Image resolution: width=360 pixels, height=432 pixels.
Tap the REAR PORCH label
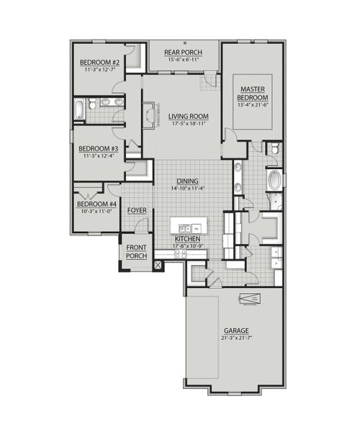point(182,53)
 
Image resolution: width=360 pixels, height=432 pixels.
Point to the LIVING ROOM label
point(189,116)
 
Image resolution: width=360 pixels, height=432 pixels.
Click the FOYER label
point(138,210)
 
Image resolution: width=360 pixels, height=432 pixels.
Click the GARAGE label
point(235,330)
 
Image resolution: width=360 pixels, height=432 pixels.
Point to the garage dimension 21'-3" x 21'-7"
point(235,338)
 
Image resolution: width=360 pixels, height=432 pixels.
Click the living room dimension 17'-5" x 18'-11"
point(189,124)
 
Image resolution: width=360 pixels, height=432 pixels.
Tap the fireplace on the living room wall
point(149,115)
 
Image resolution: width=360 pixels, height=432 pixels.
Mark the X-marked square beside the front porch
point(158,264)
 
